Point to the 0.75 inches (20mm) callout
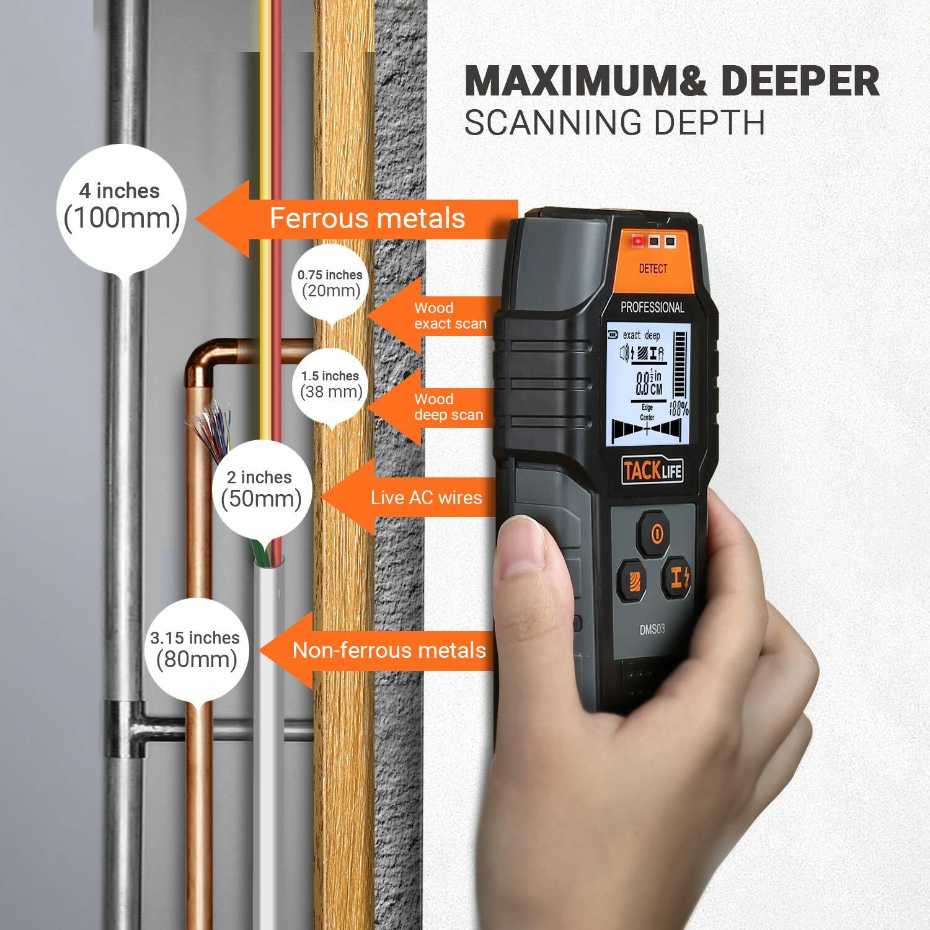point(329,283)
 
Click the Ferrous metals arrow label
point(367,218)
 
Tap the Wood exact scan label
point(450,316)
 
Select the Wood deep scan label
point(448,407)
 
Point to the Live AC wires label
point(426,497)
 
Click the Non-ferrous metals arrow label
point(389,650)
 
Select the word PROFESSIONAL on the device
point(652,307)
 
